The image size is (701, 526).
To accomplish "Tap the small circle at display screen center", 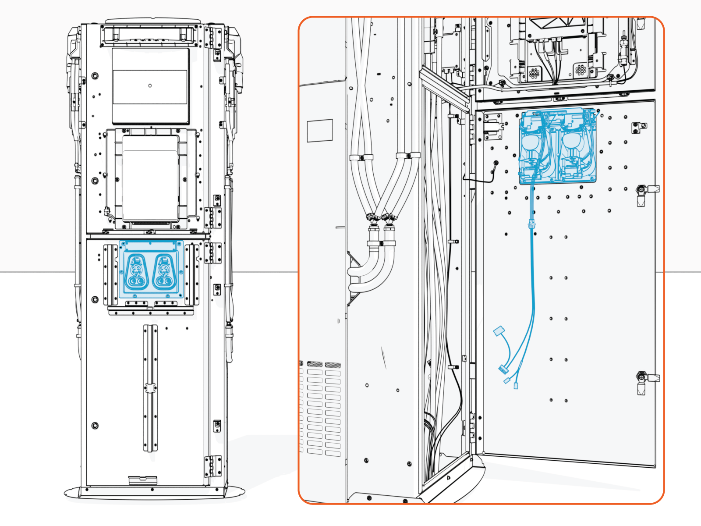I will (x=150, y=85).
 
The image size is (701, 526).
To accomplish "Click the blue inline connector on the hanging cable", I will (x=531, y=224).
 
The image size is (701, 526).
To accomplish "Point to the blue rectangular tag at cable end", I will (x=499, y=331).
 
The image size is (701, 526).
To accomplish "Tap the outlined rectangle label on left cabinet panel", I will (x=319, y=131).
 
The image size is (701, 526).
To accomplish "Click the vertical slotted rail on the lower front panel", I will (x=150, y=388).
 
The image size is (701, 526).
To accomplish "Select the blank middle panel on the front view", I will (x=150, y=178).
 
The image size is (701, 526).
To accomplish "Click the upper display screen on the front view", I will (x=150, y=85).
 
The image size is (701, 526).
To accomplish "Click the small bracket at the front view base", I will (x=137, y=480).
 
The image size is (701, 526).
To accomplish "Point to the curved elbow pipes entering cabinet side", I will (x=370, y=272).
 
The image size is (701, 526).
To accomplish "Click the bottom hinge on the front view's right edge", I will (x=213, y=466).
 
